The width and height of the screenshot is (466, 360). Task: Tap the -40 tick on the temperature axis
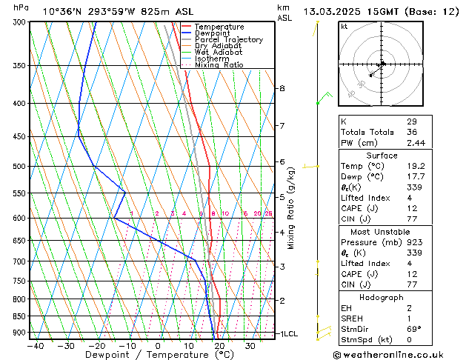coord(36,345)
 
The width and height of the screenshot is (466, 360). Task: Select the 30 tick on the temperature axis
coord(250,345)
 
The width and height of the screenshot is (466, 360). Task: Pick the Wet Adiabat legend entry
coord(219,52)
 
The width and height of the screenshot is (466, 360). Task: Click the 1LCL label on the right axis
coord(287,334)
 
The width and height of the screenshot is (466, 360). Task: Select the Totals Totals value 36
coord(411,132)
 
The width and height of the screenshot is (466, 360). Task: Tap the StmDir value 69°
coord(413,329)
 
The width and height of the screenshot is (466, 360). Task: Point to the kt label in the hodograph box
coord(344,27)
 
